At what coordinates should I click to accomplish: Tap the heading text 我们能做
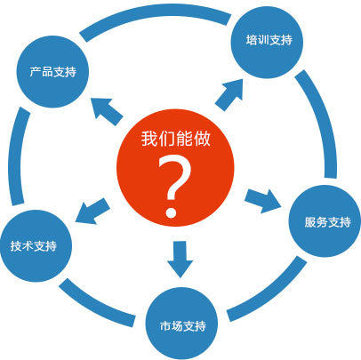[176, 139]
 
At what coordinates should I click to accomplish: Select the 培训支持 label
[269, 40]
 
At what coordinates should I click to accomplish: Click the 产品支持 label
[53, 72]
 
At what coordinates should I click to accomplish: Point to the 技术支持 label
[34, 245]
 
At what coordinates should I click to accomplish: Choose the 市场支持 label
[183, 326]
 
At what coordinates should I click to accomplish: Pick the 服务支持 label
[328, 222]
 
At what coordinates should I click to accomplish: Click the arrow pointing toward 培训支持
[229, 94]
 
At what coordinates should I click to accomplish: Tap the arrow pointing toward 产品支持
[107, 112]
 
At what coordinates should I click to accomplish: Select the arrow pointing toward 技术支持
[92, 212]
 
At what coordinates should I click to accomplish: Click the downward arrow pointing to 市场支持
[180, 259]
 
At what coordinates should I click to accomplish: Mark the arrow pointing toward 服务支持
[263, 201]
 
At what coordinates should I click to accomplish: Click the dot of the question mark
[171, 212]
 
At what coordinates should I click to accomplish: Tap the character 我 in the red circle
[149, 139]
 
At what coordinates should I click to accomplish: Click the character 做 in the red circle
[202, 139]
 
